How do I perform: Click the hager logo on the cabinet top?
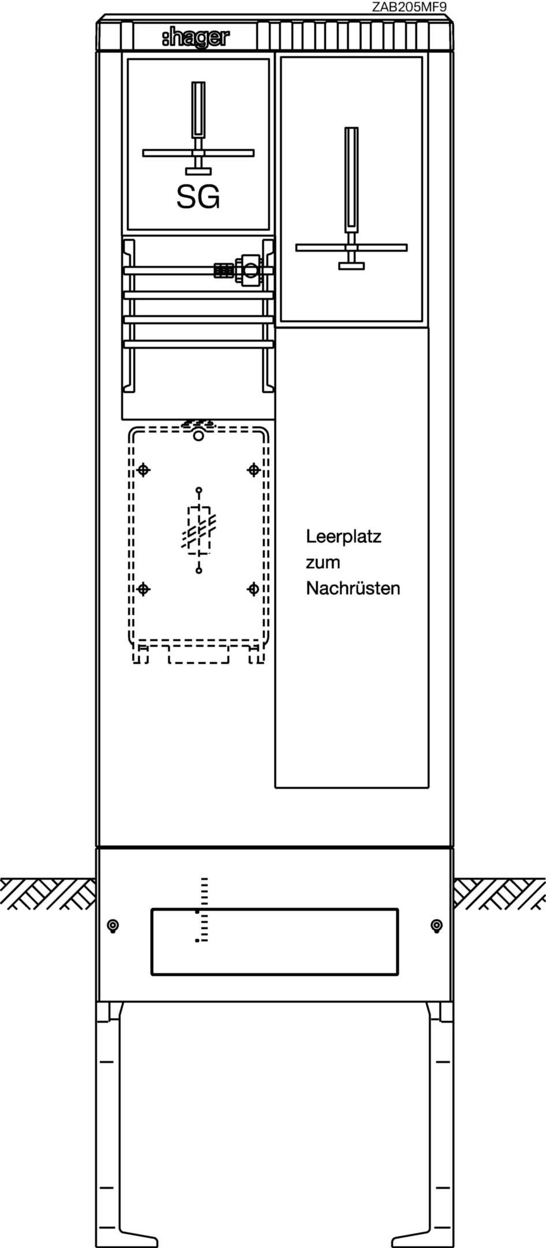(x=196, y=38)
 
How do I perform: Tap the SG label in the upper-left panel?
(x=198, y=198)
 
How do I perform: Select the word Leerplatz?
(x=344, y=537)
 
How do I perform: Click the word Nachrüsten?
(x=353, y=588)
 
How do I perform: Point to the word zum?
(x=323, y=563)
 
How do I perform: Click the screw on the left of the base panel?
(x=113, y=926)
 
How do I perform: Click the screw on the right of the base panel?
(x=437, y=926)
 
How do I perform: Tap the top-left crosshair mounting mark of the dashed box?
(x=144, y=470)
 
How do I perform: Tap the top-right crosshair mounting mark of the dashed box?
(x=253, y=470)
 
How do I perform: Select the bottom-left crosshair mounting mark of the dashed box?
(x=144, y=589)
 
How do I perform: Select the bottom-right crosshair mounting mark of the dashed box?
(x=253, y=589)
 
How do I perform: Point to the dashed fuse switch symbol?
(x=199, y=530)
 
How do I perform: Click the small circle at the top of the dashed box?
(x=198, y=436)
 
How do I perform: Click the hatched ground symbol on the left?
(x=48, y=893)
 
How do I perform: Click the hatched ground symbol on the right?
(x=499, y=893)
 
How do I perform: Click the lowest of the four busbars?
(x=198, y=344)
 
